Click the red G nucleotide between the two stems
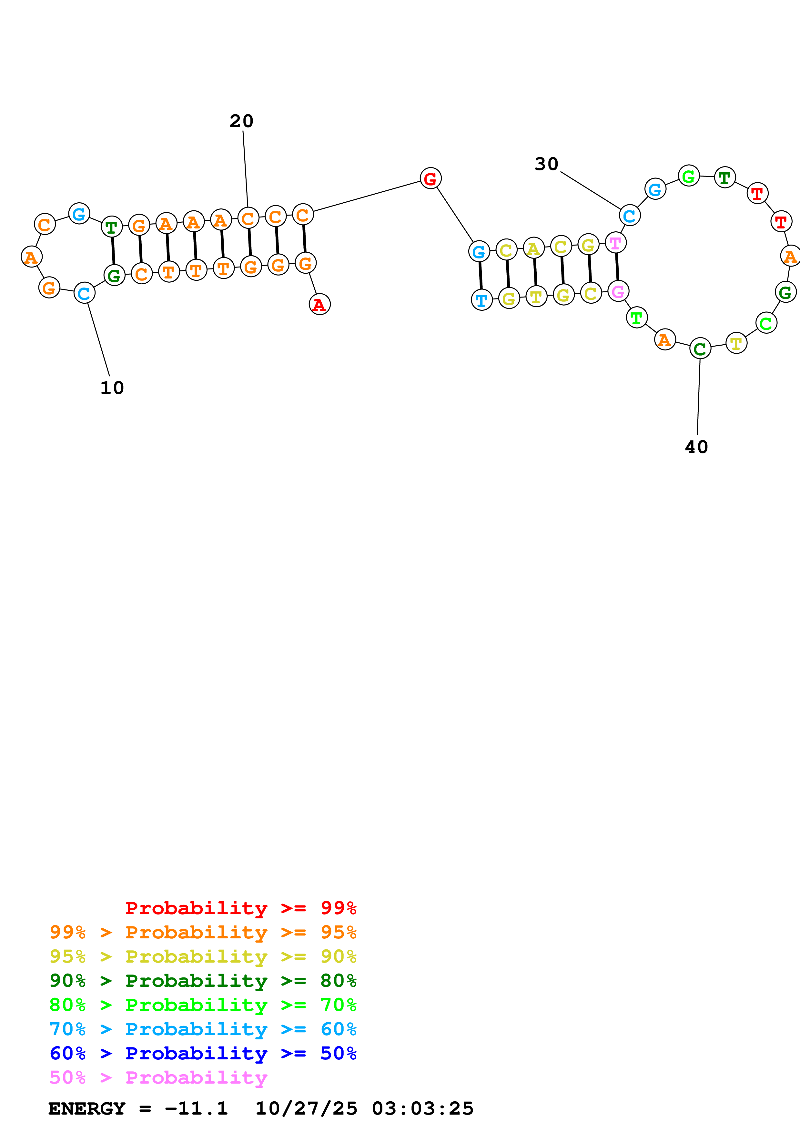430,178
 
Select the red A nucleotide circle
319,304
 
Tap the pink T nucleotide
615,243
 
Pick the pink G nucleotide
618,291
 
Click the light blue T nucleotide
481,299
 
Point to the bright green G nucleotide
689,176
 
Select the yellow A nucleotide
533,248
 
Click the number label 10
112,388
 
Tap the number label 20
241,121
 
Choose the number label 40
696,447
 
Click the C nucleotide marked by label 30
630,216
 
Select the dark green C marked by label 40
700,349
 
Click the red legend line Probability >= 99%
240,908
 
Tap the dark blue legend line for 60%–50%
203,1053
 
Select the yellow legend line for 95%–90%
203,956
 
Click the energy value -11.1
196,1109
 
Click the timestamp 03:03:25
422,1109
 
